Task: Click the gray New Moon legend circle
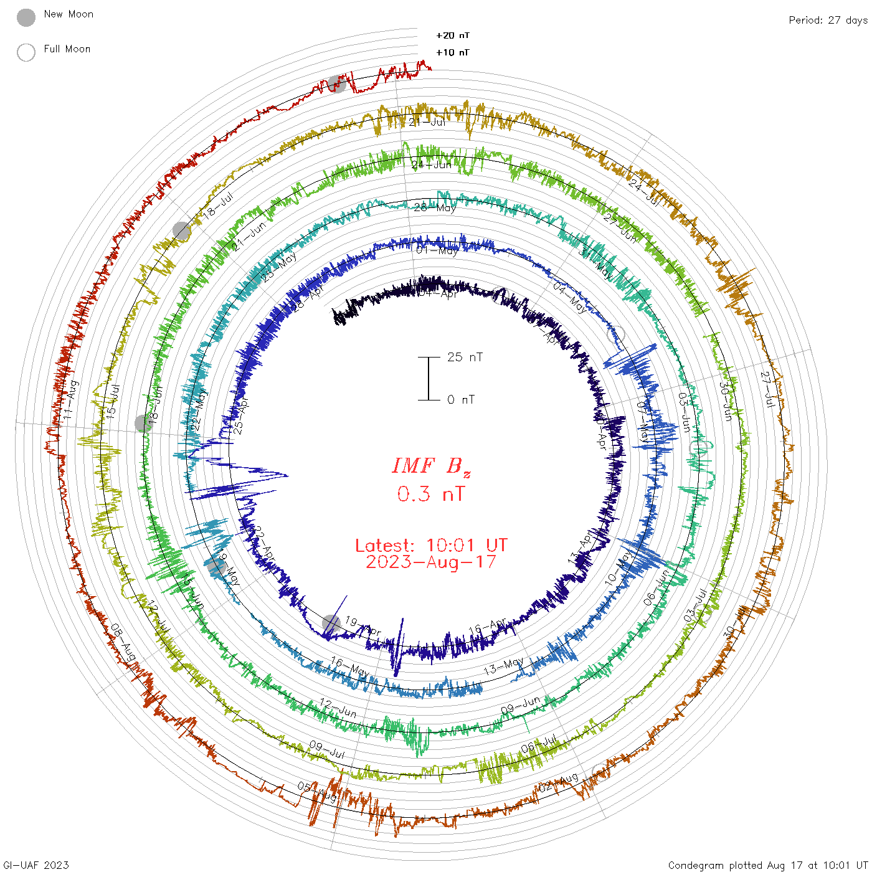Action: click(x=26, y=18)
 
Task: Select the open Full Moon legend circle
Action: click(x=26, y=52)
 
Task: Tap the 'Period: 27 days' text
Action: click(x=828, y=21)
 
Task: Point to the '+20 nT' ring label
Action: click(x=453, y=36)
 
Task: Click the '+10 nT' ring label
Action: click(x=453, y=52)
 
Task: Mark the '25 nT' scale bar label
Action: click(x=465, y=358)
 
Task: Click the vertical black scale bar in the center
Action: click(x=429, y=379)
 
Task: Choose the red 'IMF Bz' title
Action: click(x=431, y=466)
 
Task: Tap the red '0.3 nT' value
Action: click(x=431, y=494)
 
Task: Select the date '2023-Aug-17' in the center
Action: click(x=431, y=562)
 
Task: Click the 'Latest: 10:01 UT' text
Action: click(x=431, y=546)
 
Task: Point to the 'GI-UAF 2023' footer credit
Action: click(x=36, y=865)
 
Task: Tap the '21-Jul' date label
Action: click(x=427, y=122)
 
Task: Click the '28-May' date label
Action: click(x=435, y=207)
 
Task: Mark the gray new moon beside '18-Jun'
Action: click(x=143, y=423)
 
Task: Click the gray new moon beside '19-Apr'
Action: click(x=331, y=623)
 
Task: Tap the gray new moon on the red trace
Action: click(x=337, y=83)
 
